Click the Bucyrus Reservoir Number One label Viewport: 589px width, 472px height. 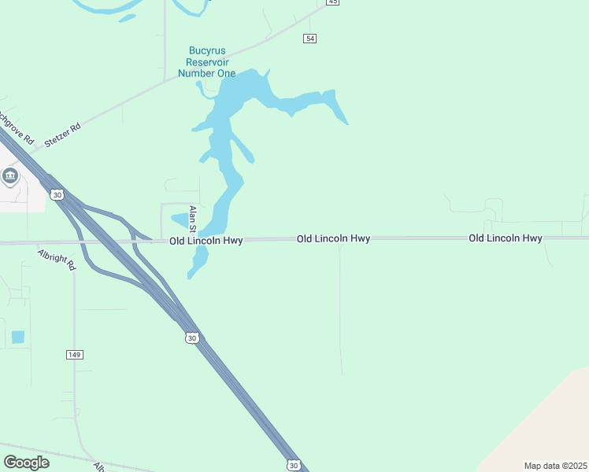click(206, 62)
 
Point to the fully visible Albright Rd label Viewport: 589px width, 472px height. click(56, 260)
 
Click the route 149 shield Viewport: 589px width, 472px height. click(75, 355)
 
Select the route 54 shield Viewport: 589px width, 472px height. click(310, 39)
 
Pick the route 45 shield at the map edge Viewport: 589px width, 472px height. click(333, 2)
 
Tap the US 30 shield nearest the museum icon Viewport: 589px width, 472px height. click(55, 194)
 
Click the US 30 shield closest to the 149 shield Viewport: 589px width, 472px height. click(191, 337)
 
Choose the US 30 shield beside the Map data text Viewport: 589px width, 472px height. click(293, 466)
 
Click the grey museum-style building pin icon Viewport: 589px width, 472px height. click(10, 175)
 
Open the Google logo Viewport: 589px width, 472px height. click(27, 463)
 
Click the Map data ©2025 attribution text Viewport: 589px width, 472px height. click(555, 466)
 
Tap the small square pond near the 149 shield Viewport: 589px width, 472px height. click(18, 337)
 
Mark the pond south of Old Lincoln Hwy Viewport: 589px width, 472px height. click(198, 260)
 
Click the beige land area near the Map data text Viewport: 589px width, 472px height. click(543, 417)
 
